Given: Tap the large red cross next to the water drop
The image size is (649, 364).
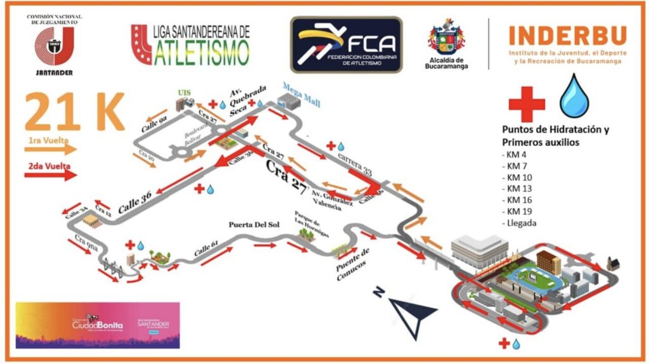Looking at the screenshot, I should tap(527, 103).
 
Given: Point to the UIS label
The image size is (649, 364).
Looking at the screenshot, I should tap(184, 93).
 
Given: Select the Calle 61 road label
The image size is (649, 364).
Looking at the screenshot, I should tap(207, 247).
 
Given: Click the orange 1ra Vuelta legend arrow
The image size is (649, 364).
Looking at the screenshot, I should tap(50, 150).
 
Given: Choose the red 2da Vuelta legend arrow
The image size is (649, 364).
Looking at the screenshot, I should tap(50, 174).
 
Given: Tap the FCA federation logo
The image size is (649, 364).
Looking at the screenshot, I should tap(346, 44).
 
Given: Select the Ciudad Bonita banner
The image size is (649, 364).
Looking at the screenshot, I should tap(98, 325).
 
